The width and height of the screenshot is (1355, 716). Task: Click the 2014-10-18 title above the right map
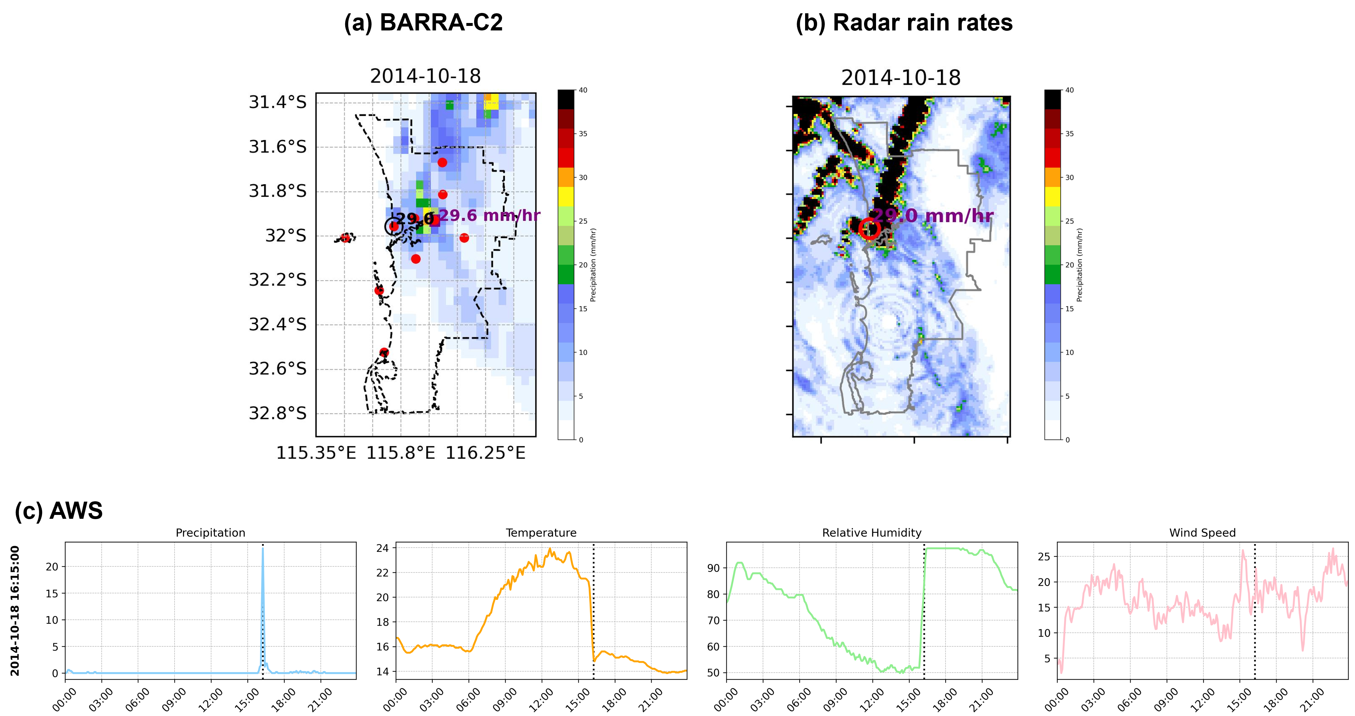coord(901,78)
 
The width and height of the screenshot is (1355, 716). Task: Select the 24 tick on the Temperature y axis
coord(382,548)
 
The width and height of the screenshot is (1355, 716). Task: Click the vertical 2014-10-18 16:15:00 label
coord(15,610)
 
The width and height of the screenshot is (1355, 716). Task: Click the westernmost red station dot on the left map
coord(345,238)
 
